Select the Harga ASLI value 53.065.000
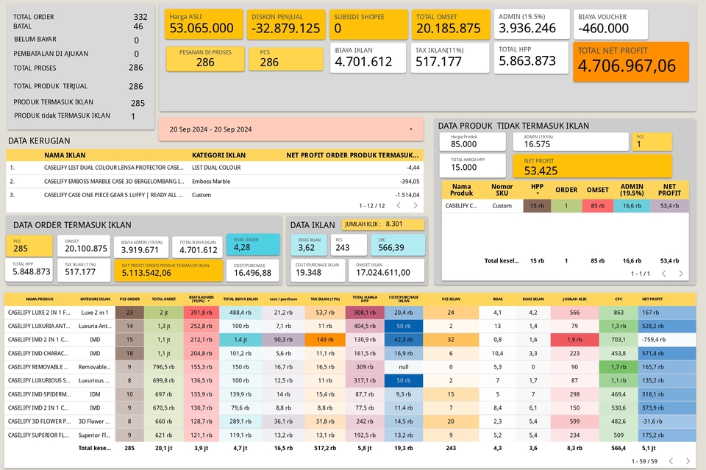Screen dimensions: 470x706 202,29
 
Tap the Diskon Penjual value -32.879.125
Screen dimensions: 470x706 286,29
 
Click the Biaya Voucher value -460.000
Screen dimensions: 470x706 603,29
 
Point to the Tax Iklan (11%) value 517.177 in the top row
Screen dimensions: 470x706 438,62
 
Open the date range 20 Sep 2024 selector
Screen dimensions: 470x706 290,129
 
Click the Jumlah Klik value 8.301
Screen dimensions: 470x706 394,224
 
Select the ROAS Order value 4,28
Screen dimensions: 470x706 242,248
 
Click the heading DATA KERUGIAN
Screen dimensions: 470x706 39,140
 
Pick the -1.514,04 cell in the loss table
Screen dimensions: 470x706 407,195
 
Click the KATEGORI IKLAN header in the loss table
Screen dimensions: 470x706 218,155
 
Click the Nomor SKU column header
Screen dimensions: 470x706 502,191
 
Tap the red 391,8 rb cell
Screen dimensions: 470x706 202,313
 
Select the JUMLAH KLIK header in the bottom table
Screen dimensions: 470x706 574,299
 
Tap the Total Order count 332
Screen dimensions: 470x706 140,17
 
